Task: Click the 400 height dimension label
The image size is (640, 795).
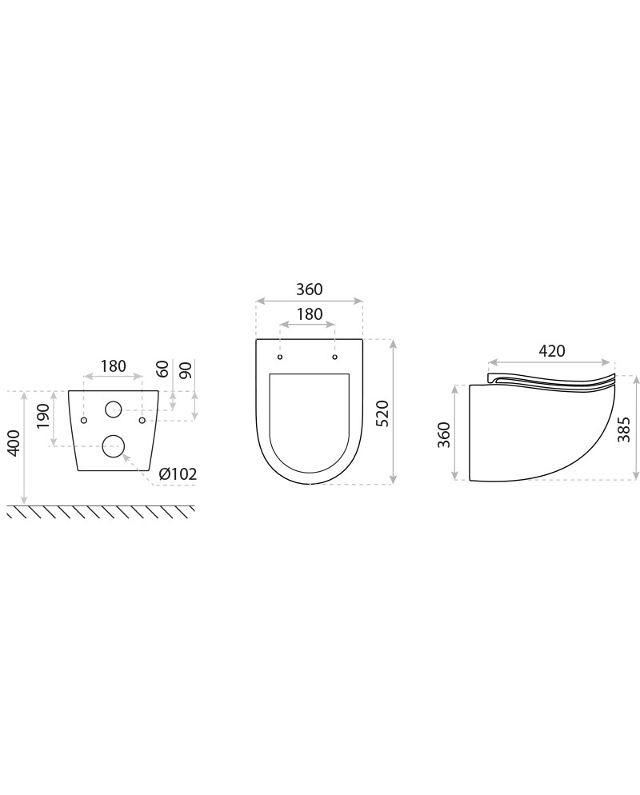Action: pyautogui.click(x=14, y=442)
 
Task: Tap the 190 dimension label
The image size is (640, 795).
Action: pyautogui.click(x=44, y=416)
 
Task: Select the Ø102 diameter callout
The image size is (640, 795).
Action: pyautogui.click(x=178, y=474)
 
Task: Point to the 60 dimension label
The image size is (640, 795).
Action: pyautogui.click(x=162, y=370)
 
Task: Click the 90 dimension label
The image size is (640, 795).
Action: pyautogui.click(x=186, y=370)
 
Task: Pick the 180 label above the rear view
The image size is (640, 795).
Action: pyautogui.click(x=113, y=366)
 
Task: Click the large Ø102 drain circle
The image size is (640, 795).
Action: pyautogui.click(x=113, y=445)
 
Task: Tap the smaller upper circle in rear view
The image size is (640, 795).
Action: pyautogui.click(x=113, y=409)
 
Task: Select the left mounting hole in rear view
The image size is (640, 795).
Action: pyautogui.click(x=84, y=421)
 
